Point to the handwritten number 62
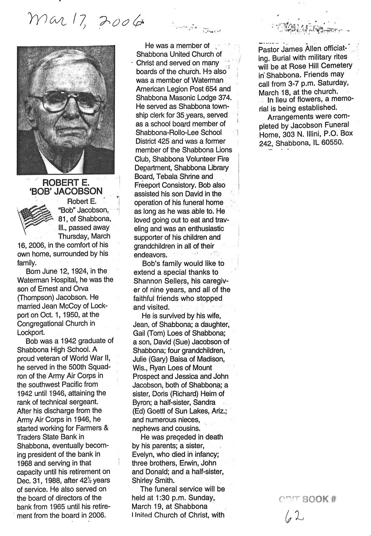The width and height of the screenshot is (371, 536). pos(294,515)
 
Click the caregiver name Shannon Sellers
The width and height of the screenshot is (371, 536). pos(158,281)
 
